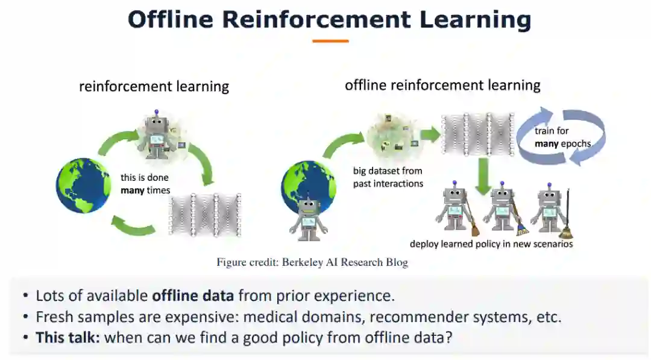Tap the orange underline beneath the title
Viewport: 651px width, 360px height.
click(x=330, y=41)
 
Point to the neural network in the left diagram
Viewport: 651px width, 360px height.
click(x=205, y=215)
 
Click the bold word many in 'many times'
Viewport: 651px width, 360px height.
click(x=133, y=190)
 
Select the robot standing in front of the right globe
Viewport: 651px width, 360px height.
click(x=308, y=215)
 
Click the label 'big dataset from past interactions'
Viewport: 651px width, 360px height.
click(x=388, y=177)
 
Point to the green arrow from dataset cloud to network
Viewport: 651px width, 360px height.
click(x=430, y=134)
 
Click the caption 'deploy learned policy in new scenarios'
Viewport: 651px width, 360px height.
click(x=491, y=244)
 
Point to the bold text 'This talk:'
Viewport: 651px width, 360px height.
click(x=68, y=336)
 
